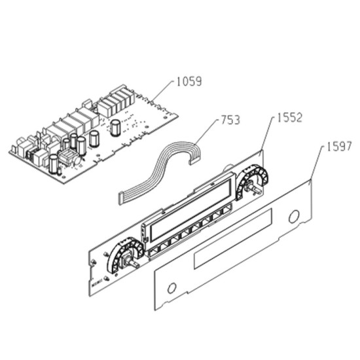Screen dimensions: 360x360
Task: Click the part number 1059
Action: tap(189, 82)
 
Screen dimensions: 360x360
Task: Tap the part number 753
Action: tap(230, 120)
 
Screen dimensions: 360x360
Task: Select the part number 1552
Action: tap(289, 118)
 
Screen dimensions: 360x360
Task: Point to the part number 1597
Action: tap(339, 147)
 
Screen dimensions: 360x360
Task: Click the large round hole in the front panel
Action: tap(294, 217)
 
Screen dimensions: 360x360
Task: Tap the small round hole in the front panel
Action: tap(171, 288)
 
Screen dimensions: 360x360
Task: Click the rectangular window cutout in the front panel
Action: tap(233, 238)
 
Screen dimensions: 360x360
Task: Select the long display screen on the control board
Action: tap(190, 210)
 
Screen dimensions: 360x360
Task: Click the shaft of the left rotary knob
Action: tap(133, 263)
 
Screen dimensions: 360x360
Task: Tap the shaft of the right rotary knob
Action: tap(255, 189)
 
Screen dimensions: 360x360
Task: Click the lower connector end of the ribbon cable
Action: tap(120, 199)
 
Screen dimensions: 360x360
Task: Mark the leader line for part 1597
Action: tap(317, 162)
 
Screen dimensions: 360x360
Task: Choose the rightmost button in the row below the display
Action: tap(226, 210)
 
